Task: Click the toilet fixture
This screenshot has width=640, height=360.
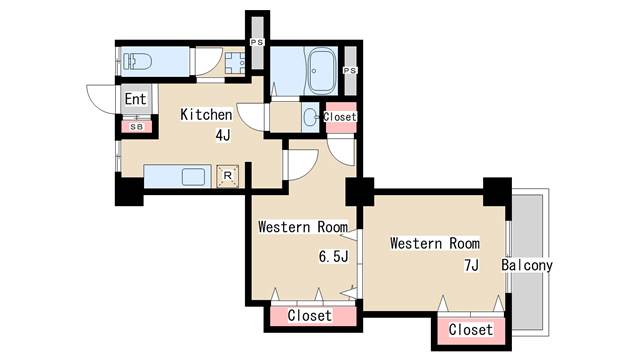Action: click(137, 62)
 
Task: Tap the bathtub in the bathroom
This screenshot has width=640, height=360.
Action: click(322, 71)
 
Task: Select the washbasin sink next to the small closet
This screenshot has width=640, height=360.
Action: click(311, 118)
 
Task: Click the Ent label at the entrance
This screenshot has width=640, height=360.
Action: click(135, 99)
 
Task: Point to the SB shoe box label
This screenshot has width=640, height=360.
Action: click(137, 127)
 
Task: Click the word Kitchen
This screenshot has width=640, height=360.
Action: click(206, 115)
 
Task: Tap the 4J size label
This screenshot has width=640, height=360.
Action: click(223, 135)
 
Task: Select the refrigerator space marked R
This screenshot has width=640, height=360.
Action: click(228, 176)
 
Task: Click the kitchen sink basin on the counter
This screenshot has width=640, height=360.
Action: click(193, 177)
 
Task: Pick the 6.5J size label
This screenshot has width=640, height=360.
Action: click(333, 256)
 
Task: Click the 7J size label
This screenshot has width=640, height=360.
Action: click(471, 266)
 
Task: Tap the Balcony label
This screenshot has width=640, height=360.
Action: click(527, 265)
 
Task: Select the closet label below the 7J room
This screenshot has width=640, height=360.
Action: click(470, 329)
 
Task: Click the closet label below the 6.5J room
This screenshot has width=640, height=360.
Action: click(309, 316)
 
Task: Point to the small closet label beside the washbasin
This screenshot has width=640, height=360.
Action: click(340, 117)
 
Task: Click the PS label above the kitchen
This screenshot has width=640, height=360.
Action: click(257, 42)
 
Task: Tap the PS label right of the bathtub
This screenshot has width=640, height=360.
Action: click(350, 71)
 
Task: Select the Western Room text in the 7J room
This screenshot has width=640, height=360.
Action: click(435, 243)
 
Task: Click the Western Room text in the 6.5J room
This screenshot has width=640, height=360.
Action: click(303, 227)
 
